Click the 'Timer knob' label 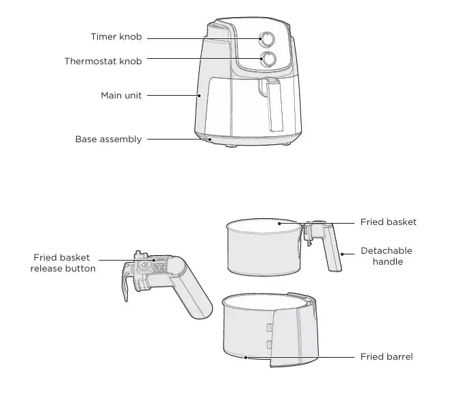(x=116, y=37)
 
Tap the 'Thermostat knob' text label (x=103, y=62)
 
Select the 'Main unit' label (x=121, y=96)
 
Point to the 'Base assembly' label (x=108, y=140)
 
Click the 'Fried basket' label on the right (x=388, y=222)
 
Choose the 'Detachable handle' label (x=387, y=256)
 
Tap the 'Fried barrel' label (x=387, y=356)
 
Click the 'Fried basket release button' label (x=63, y=263)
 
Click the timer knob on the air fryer (x=267, y=40)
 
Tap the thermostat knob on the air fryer (x=268, y=60)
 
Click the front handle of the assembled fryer (x=272, y=104)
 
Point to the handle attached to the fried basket (x=326, y=247)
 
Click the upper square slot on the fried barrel (x=270, y=328)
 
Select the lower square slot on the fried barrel (x=270, y=344)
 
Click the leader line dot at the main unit (x=199, y=95)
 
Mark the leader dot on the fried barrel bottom (x=246, y=358)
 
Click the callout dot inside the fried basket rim (x=279, y=224)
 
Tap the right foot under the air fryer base (x=286, y=144)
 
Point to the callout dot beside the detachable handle (x=342, y=254)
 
